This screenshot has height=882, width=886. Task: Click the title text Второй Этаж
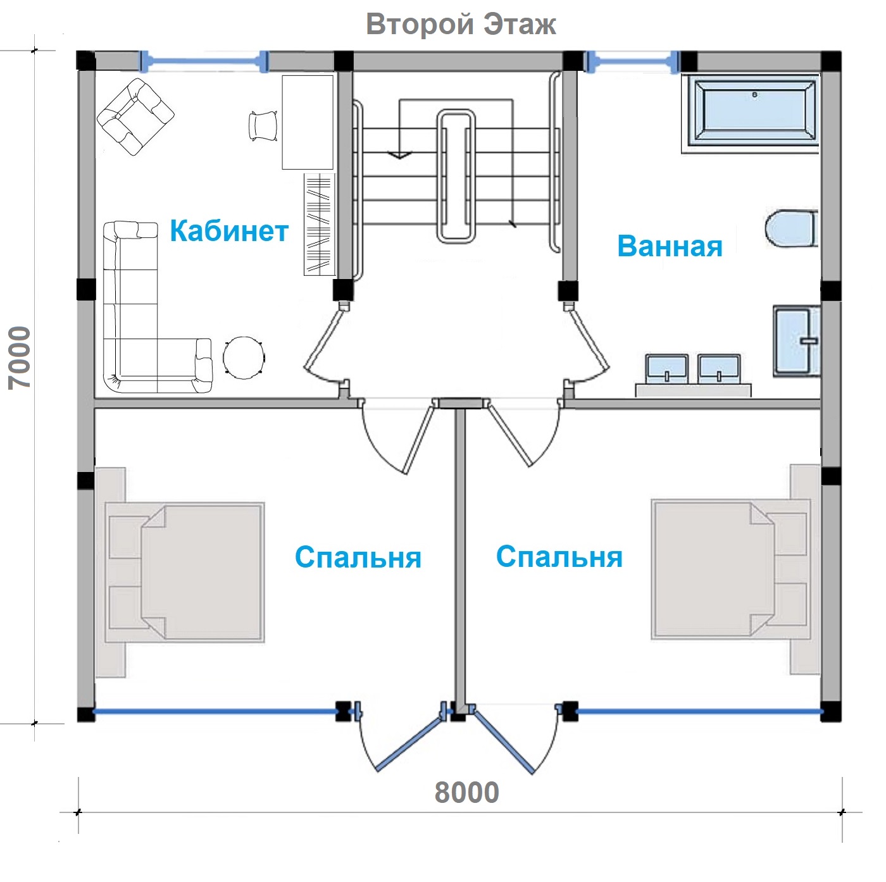(461, 24)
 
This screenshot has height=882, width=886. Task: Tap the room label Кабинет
(229, 230)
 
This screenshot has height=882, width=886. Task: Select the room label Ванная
(670, 246)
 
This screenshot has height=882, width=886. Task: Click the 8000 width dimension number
(466, 792)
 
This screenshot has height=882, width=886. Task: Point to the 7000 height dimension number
(20, 357)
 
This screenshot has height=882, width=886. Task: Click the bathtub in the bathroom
(751, 113)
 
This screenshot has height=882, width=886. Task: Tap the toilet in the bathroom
(791, 228)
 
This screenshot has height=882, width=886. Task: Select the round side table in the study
(244, 357)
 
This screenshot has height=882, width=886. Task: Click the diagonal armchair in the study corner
(135, 117)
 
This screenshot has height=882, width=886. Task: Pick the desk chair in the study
(263, 125)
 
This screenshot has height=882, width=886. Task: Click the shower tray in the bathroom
(796, 341)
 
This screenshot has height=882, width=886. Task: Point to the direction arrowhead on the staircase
(399, 155)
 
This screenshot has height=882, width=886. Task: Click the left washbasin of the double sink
(666, 368)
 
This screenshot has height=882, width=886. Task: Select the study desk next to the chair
(308, 123)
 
